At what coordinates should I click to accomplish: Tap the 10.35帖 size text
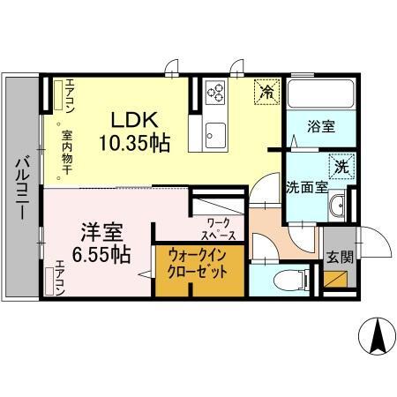coord(134,141)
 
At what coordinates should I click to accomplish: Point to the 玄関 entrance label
coord(340,258)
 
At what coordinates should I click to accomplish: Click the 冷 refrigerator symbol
coord(265,90)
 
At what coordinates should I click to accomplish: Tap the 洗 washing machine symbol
coord(341,164)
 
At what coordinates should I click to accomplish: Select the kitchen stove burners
coord(216,91)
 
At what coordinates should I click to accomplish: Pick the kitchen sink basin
coord(215,135)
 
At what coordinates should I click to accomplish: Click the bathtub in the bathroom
coord(318,94)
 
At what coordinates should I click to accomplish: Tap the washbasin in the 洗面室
coord(337,208)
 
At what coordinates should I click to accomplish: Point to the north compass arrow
coord(375,334)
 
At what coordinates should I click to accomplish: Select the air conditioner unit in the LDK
coord(58,96)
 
